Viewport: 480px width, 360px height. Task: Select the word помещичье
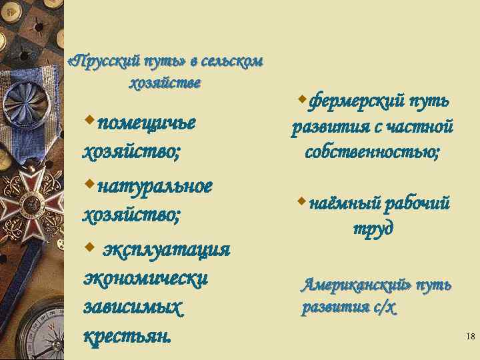[146, 123]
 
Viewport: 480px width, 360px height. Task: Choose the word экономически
[145, 279]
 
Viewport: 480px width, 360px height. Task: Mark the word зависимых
[133, 309]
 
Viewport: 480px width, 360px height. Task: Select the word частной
[419, 127]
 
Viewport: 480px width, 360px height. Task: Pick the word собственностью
[372, 152]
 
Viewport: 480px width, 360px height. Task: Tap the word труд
[373, 227]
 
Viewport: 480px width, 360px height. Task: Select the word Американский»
[356, 286]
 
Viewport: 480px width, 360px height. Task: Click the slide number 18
[470, 337]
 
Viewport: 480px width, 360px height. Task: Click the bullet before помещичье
[89, 121]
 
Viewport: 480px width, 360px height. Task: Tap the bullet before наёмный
[301, 200]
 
